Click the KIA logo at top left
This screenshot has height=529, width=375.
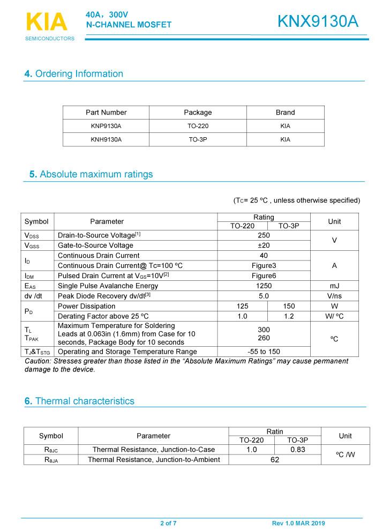(x=47, y=23)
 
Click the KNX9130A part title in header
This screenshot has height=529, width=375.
(x=318, y=21)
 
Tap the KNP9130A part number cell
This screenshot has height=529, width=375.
(x=106, y=126)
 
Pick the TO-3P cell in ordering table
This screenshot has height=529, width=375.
(x=198, y=139)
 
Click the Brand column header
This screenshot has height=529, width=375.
(x=285, y=113)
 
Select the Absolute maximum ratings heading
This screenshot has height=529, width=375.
(x=91, y=174)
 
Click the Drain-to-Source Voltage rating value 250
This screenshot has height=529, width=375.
(x=264, y=235)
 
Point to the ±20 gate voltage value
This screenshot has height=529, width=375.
(x=264, y=245)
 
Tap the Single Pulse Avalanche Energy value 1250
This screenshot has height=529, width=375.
(x=264, y=286)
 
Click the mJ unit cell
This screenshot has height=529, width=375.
(x=334, y=286)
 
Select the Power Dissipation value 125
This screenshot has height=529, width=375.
(x=242, y=307)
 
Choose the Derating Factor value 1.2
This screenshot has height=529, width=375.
(x=289, y=317)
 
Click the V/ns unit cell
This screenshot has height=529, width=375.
(x=334, y=296)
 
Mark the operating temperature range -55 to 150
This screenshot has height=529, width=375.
(x=264, y=352)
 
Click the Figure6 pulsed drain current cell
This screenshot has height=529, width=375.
(x=264, y=276)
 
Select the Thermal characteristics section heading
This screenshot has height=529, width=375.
(x=80, y=401)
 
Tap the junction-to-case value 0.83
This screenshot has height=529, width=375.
(x=297, y=450)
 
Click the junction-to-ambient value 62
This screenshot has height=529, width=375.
(x=275, y=460)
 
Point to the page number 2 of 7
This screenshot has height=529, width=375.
(x=168, y=523)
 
